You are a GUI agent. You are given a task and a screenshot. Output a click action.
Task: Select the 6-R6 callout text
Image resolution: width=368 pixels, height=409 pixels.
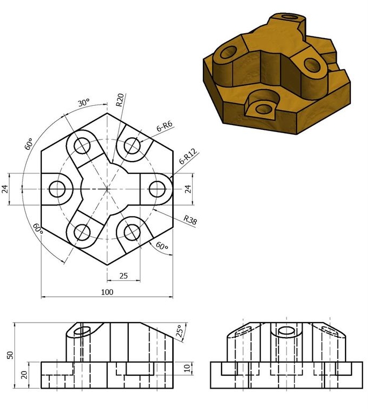(x=164, y=127)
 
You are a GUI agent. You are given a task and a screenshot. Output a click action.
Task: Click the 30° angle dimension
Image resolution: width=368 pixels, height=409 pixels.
(x=83, y=103)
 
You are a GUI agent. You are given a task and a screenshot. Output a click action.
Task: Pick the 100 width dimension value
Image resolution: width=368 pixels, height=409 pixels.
(x=107, y=292)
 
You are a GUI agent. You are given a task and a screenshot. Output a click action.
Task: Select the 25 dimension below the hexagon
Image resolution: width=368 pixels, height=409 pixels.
(x=123, y=276)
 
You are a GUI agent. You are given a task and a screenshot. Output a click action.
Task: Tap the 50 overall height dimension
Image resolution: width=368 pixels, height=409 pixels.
(x=9, y=355)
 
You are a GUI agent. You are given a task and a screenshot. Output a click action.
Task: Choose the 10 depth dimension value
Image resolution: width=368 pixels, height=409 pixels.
(x=186, y=368)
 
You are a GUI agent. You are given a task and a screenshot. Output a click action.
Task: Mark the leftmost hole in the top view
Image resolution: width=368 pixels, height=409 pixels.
(x=57, y=189)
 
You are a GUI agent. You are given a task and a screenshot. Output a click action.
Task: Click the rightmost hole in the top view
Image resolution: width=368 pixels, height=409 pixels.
(x=157, y=189)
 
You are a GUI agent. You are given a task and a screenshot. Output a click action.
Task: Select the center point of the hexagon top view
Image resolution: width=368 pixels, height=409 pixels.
(x=107, y=189)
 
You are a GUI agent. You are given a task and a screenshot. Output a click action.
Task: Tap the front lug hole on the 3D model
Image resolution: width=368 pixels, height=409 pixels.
(x=263, y=109)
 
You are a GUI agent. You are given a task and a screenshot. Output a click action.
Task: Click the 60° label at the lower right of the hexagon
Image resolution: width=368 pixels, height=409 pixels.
(x=162, y=246)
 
